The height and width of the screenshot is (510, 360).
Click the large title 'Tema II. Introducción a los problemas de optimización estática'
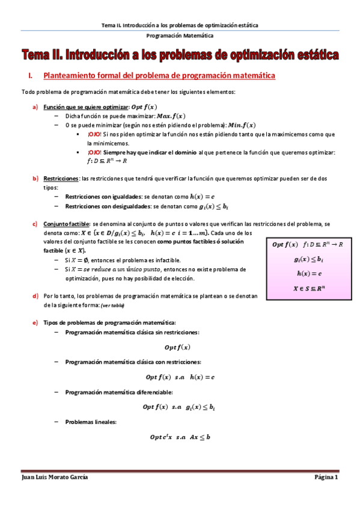(180, 56)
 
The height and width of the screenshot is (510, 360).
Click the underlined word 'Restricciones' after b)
(61, 179)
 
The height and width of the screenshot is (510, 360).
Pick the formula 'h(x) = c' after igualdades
(202, 197)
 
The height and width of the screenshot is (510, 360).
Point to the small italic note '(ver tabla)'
(113, 306)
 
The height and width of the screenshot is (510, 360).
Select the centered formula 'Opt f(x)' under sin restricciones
(177, 347)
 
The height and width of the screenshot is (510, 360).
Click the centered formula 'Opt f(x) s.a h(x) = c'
(180, 377)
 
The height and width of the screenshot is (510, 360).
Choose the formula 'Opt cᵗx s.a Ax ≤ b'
(180, 437)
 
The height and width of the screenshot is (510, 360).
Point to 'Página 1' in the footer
(327, 477)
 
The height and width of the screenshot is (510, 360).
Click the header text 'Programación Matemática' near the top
(180, 36)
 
